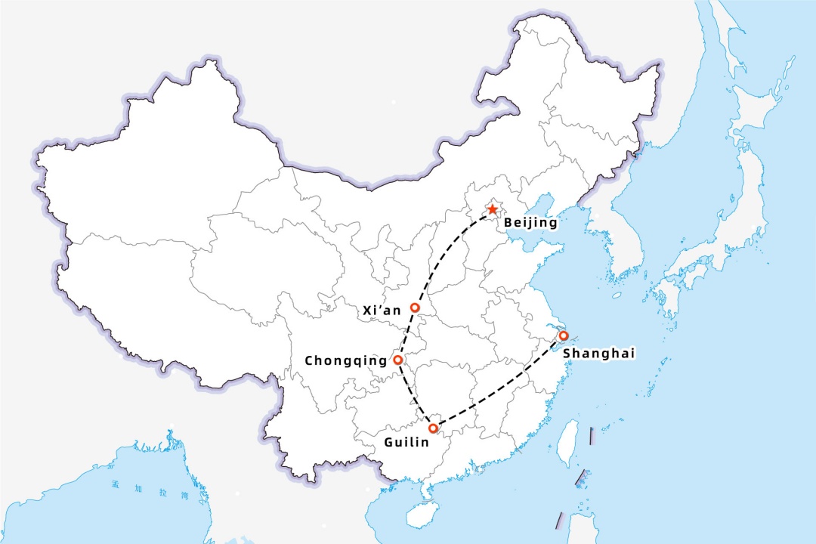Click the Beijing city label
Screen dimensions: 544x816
coord(530,223)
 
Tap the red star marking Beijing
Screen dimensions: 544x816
coord(493,209)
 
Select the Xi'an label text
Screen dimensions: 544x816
coord(382,310)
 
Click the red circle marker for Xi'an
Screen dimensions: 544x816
coord(415,308)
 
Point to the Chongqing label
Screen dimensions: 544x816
coord(346,361)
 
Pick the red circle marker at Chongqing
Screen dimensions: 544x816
coord(398,360)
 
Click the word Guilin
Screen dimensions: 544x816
coord(400,441)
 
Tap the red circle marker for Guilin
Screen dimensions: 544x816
coord(433,428)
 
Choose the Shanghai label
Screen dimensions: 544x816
coord(599,353)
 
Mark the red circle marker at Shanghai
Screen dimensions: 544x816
coord(563,335)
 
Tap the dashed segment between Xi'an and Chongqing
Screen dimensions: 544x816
coord(406,333)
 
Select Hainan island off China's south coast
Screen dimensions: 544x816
coord(417,515)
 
